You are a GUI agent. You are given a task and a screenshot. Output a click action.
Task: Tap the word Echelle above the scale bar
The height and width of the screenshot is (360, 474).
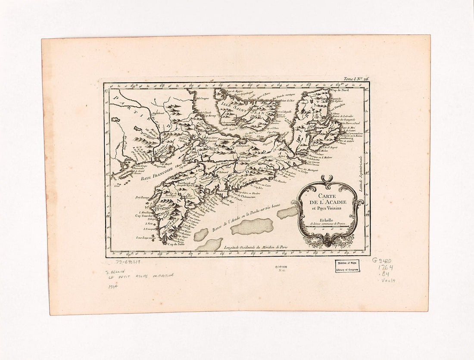tap(328, 219)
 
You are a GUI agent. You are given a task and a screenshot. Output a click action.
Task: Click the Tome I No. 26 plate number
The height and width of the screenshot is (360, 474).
tap(356, 79)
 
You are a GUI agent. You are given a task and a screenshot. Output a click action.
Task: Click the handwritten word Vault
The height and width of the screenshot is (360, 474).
tap(388, 280)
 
